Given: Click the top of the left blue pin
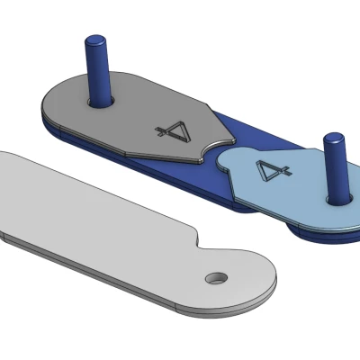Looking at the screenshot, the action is pyautogui.click(x=96, y=40).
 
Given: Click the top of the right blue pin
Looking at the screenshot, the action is pyautogui.click(x=333, y=138).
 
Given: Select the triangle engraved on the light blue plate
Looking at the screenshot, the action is pyautogui.click(x=268, y=170).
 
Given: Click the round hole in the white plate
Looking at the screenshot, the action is pyautogui.click(x=216, y=278).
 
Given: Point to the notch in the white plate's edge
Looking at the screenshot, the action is pyautogui.click(x=199, y=239).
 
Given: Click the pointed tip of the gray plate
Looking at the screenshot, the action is pyautogui.click(x=236, y=139).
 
